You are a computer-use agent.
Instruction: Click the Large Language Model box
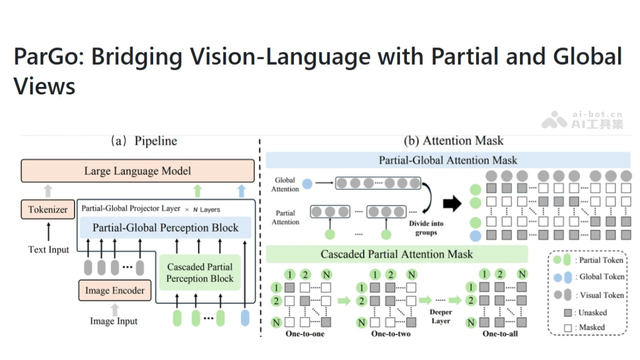tap(138, 171)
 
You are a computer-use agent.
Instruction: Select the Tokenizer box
tap(47, 210)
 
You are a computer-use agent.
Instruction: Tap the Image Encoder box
tap(115, 291)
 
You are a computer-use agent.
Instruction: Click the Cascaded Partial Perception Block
tap(199, 273)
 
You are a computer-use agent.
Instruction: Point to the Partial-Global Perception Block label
tap(165, 228)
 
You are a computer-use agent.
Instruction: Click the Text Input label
tap(49, 249)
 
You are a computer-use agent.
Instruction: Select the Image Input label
tap(114, 321)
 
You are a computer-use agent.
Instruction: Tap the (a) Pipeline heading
tap(143, 141)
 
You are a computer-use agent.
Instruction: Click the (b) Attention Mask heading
tap(453, 141)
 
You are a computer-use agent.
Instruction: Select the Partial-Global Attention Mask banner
tap(448, 160)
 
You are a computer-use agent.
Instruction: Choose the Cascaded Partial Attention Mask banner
tap(396, 254)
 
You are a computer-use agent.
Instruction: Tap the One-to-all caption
tap(500, 334)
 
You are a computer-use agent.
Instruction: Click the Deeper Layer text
tap(441, 316)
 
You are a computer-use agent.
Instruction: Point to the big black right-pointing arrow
tap(452, 203)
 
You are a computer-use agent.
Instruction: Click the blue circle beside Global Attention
tap(307, 184)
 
